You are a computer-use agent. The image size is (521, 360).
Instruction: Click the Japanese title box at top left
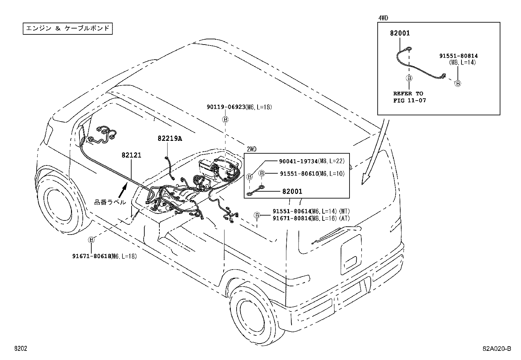[68, 28]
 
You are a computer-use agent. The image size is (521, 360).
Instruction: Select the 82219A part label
[170, 139]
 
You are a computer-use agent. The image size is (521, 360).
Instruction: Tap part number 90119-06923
[226, 107]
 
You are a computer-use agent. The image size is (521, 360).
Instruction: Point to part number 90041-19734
[298, 161]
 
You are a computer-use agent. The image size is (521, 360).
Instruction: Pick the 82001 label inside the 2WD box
[292, 191]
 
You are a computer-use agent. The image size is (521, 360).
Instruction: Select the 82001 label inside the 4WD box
[400, 33]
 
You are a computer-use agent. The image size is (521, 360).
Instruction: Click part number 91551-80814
[458, 56]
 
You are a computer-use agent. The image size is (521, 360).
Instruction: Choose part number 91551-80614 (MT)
[291, 212]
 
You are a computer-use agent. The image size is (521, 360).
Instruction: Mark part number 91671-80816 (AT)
[291, 218]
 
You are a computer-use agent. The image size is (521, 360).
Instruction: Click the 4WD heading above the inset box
[383, 18]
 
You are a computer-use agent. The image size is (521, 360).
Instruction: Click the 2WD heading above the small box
[251, 149]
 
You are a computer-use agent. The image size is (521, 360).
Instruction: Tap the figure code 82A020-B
[496, 349]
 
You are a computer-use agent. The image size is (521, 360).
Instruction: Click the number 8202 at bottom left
[20, 349]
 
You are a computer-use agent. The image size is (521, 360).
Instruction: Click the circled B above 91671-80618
[92, 240]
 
